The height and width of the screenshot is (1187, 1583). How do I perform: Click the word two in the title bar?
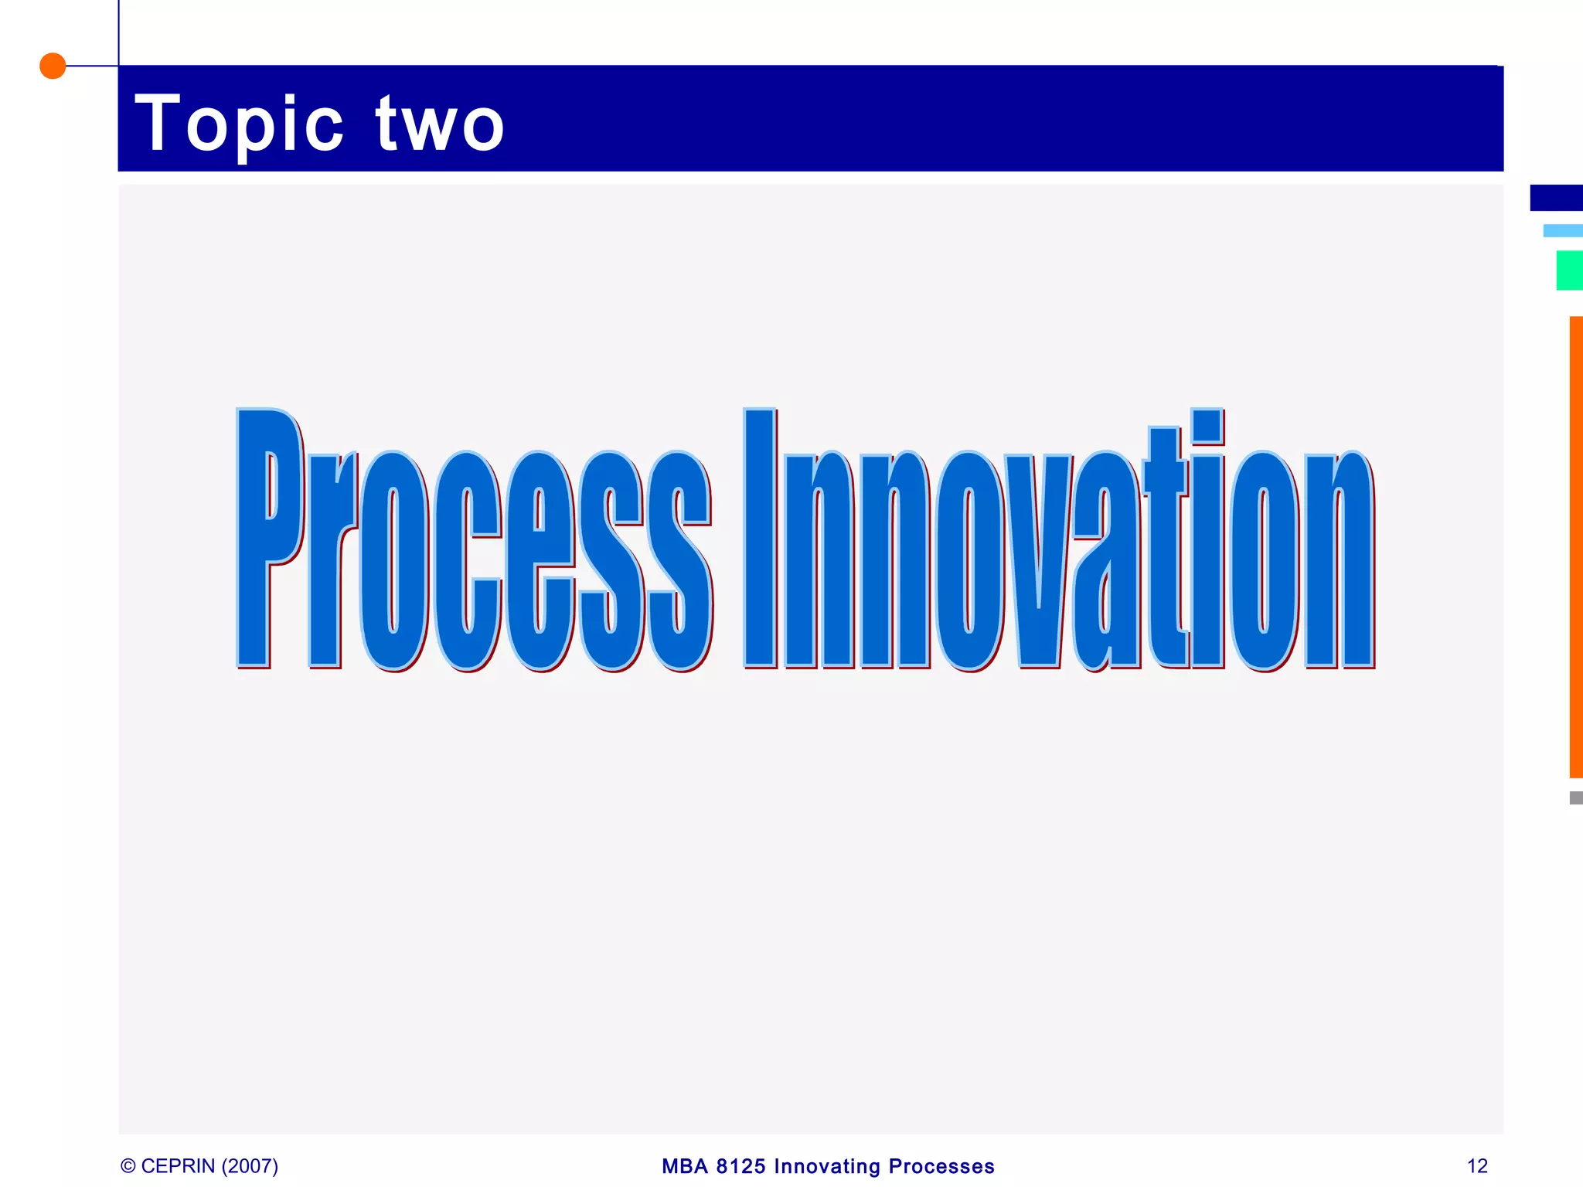tap(441, 124)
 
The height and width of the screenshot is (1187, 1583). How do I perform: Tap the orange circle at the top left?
tap(53, 66)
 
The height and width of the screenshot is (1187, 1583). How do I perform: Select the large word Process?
tap(473, 541)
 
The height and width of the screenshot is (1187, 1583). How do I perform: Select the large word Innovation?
tap(1059, 541)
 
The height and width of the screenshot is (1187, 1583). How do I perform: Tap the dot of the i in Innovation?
tap(1207, 426)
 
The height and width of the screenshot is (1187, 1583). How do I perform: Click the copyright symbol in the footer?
tap(128, 1166)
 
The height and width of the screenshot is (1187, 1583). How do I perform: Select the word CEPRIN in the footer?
tap(178, 1166)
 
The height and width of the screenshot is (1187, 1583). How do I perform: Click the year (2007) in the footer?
tap(250, 1166)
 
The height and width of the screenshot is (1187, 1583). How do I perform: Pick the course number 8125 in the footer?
tap(740, 1166)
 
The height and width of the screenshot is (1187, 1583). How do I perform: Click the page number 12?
tap(1477, 1166)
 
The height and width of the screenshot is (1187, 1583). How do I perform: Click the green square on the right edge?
tap(1569, 270)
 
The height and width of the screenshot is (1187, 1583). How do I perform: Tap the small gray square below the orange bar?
tap(1575, 798)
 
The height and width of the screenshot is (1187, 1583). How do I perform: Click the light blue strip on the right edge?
tap(1562, 230)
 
